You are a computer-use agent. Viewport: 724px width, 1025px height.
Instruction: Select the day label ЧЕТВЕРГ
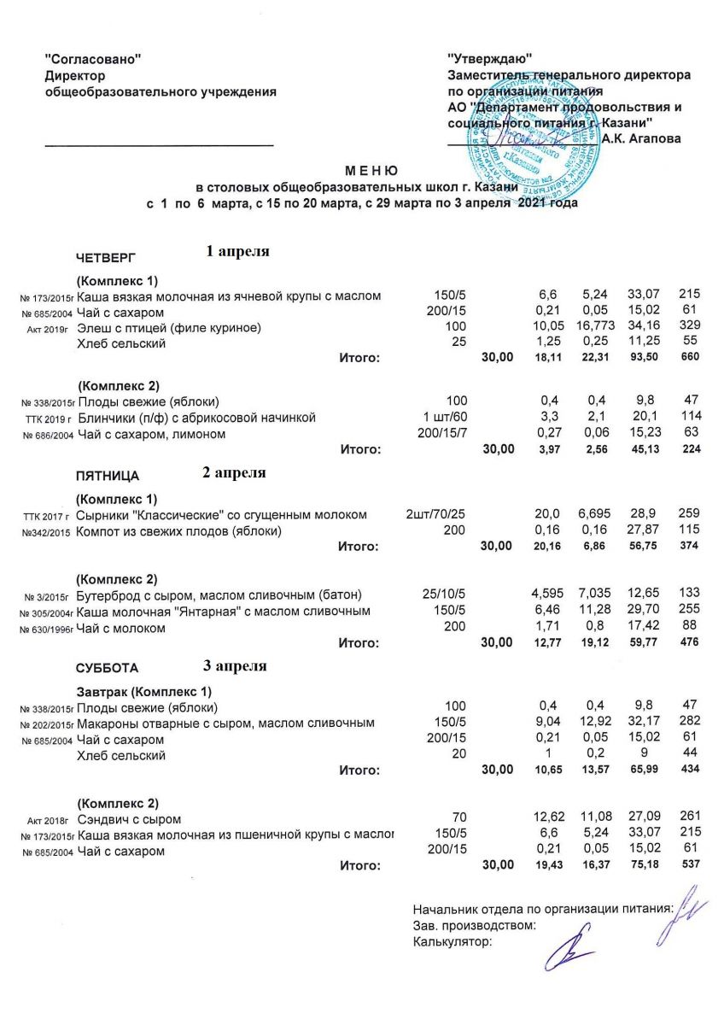[x=106, y=258]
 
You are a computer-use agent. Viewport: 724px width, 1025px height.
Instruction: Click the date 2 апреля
[x=235, y=472]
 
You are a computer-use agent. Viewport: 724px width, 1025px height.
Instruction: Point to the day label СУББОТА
[x=107, y=668]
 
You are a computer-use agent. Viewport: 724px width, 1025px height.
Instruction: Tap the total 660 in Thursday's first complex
[x=688, y=357]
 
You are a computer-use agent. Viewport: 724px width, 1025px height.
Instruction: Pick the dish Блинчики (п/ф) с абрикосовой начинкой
[x=197, y=419]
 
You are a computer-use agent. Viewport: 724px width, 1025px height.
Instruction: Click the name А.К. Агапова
[x=641, y=138]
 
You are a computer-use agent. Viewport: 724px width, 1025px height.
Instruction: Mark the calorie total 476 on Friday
[x=688, y=642]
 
